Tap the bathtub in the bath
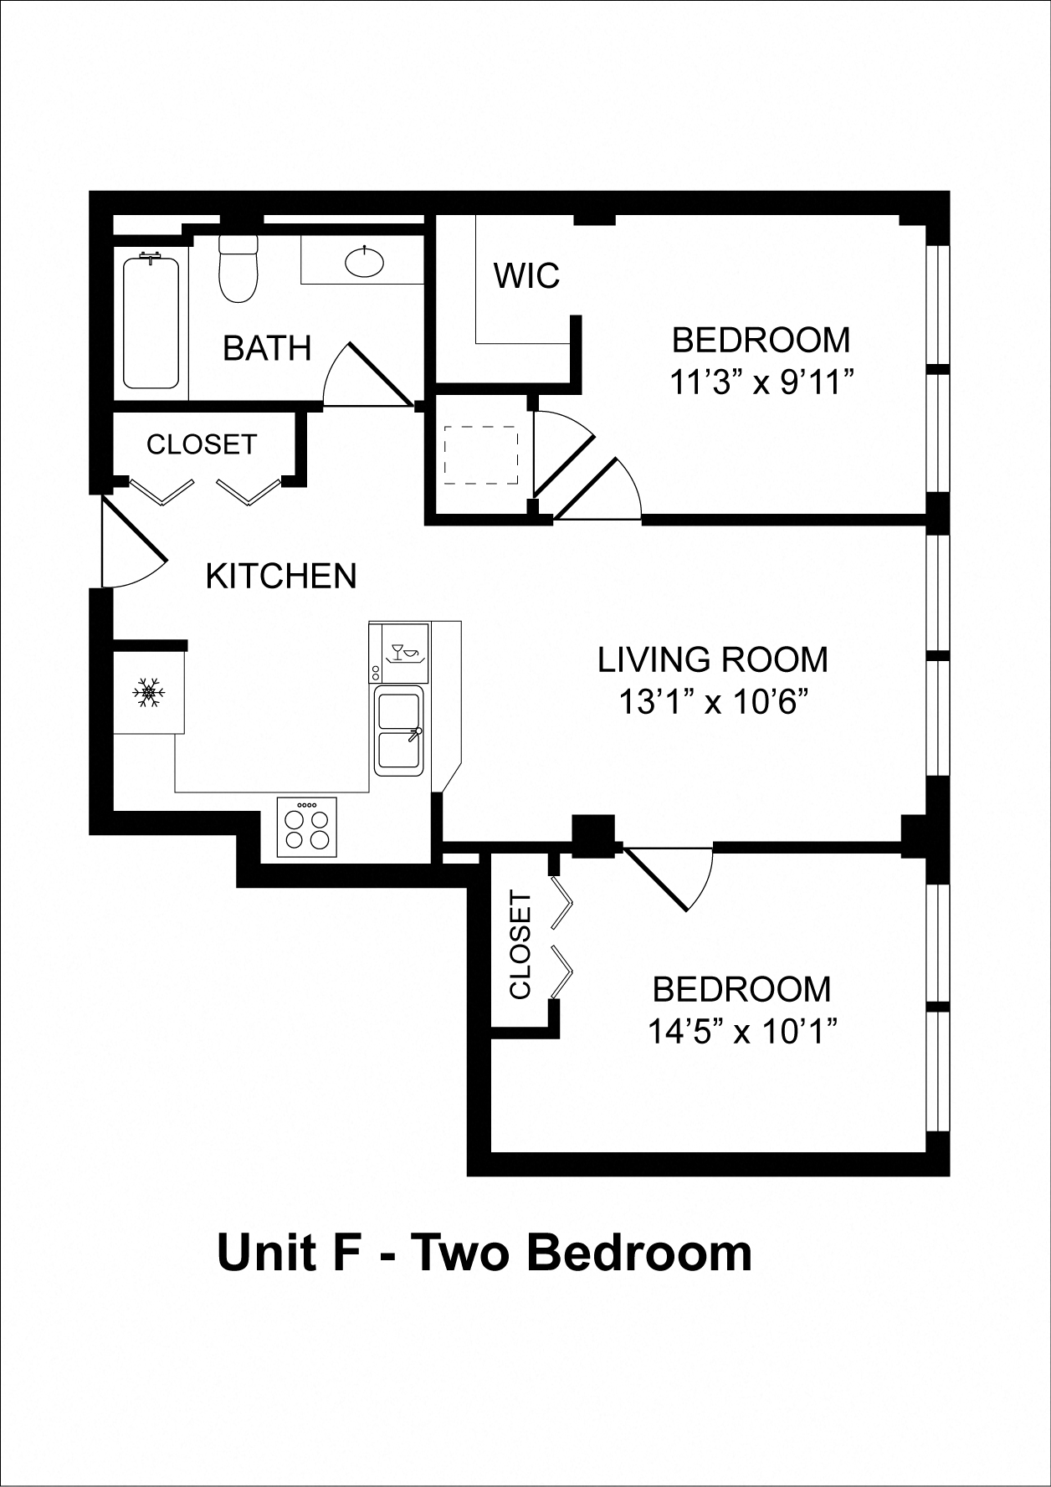pyautogui.click(x=151, y=323)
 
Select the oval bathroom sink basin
pyautogui.click(x=365, y=262)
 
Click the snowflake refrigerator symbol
pyautogui.click(x=149, y=693)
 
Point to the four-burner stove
pyautogui.click(x=307, y=827)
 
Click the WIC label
pyautogui.click(x=526, y=275)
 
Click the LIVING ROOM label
pyautogui.click(x=712, y=660)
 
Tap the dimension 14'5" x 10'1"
pyautogui.click(x=742, y=1031)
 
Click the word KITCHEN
pyautogui.click(x=281, y=577)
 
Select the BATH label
pyautogui.click(x=267, y=348)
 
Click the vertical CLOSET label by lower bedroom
pyautogui.click(x=520, y=946)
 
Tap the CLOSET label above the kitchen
pyautogui.click(x=202, y=444)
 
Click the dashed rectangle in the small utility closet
pyautogui.click(x=480, y=455)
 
